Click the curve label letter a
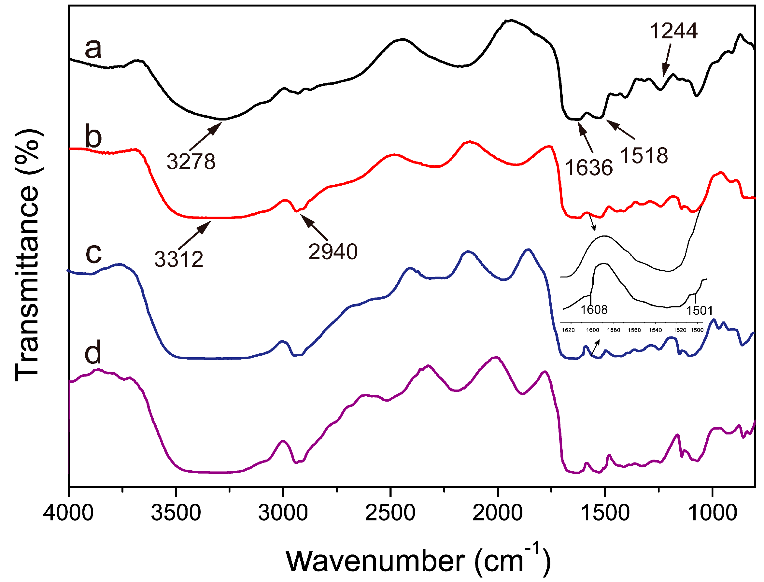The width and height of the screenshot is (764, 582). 93,49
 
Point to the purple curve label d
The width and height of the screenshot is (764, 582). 93,353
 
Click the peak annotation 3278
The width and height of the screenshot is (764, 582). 191,162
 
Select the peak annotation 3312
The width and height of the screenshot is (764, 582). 179,259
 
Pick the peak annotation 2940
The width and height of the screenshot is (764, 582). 333,251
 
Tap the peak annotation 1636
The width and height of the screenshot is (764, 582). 589,168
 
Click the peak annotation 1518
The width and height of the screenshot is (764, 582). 644,156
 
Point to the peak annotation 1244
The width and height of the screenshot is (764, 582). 673,31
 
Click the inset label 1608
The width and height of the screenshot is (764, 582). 594,310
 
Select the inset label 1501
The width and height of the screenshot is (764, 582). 700,311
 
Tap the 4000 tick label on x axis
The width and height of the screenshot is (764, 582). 68,513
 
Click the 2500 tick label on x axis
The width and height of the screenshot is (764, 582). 390,513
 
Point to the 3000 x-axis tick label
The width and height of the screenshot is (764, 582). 283,513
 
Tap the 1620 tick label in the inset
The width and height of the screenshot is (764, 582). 568,330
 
